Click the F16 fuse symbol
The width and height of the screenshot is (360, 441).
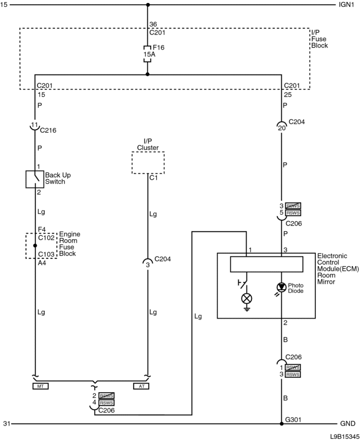pyautogui.click(x=148, y=54)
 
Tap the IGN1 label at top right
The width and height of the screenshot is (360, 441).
pyautogui.click(x=346, y=5)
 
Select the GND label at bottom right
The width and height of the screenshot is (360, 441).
pyautogui.click(x=347, y=424)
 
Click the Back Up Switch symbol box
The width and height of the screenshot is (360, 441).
pyautogui.click(x=35, y=179)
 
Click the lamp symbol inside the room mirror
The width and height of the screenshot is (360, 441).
pyautogui.click(x=246, y=297)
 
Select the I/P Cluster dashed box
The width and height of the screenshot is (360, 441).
pyautogui.click(x=148, y=163)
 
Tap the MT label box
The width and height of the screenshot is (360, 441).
pyautogui.click(x=40, y=386)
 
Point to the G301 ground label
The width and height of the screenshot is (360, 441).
pyautogui.click(x=293, y=418)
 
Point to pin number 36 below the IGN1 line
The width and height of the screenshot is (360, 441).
pyautogui.click(x=153, y=24)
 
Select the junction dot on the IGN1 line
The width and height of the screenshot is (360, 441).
pyautogui.click(x=148, y=5)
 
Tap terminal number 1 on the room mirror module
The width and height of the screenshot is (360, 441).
pyautogui.click(x=250, y=250)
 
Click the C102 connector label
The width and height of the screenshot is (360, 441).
pyautogui.click(x=46, y=238)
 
